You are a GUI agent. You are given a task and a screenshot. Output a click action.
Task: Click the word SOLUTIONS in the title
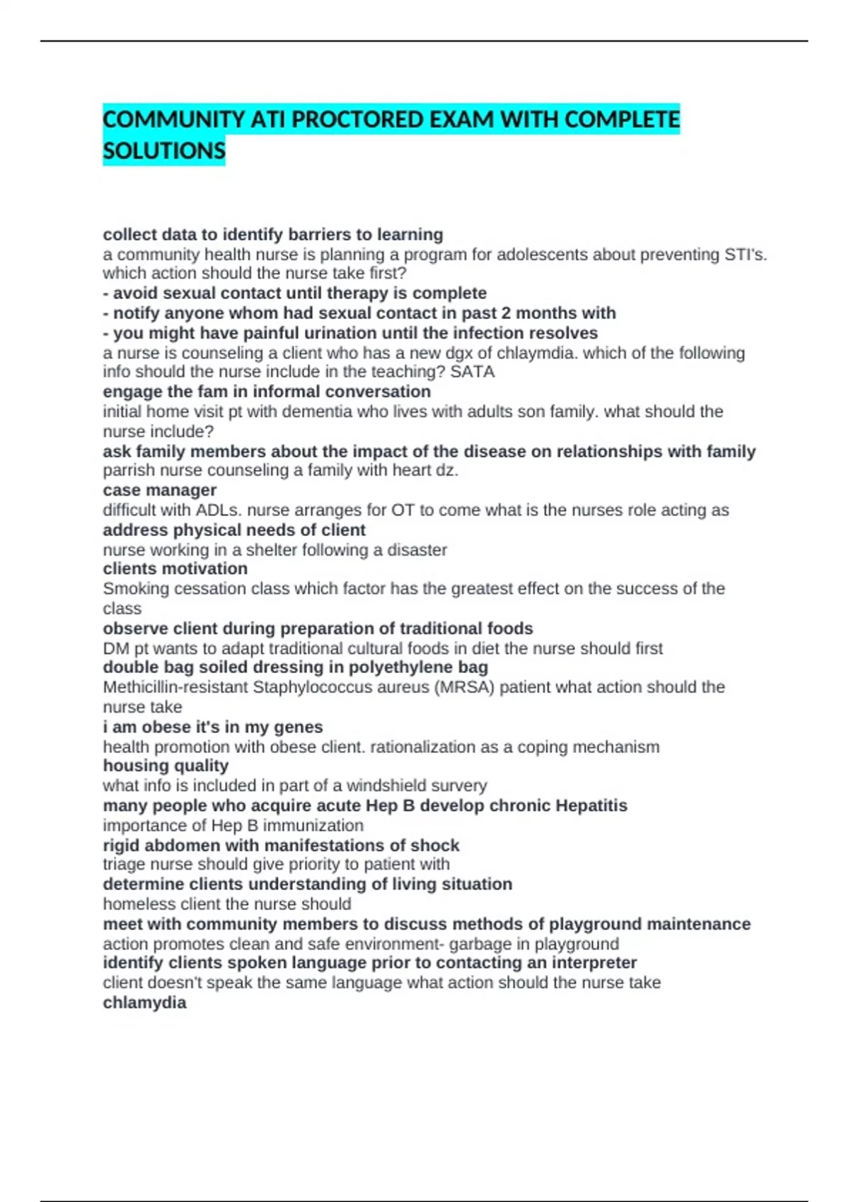[x=164, y=151]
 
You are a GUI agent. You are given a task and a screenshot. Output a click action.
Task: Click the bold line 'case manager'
[x=160, y=490]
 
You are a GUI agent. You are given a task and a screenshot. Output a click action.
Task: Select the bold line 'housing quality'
[x=166, y=766]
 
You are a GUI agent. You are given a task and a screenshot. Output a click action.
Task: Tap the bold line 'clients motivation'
[x=175, y=569]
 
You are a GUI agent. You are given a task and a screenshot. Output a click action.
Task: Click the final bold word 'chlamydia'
[x=145, y=1003]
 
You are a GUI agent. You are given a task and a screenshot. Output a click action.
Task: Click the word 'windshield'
[x=391, y=786]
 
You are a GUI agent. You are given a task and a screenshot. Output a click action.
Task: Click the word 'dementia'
[x=313, y=412]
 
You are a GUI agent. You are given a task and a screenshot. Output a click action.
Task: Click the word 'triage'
[x=122, y=864]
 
